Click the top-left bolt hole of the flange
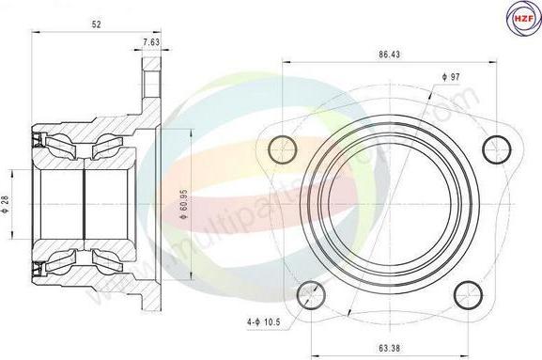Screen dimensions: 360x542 pos(281,147)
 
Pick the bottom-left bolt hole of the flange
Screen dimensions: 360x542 pos(312,290)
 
